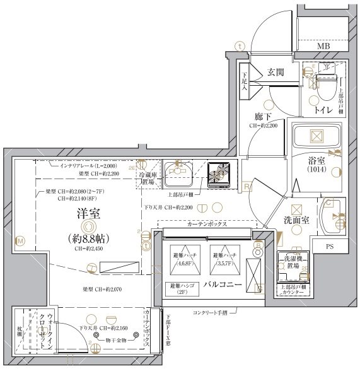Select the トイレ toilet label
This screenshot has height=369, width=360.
click(323, 110)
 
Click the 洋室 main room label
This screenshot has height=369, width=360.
click(86, 214)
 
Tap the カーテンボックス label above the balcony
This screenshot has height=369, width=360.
click(206, 224)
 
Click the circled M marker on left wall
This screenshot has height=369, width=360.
click(20, 240)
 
